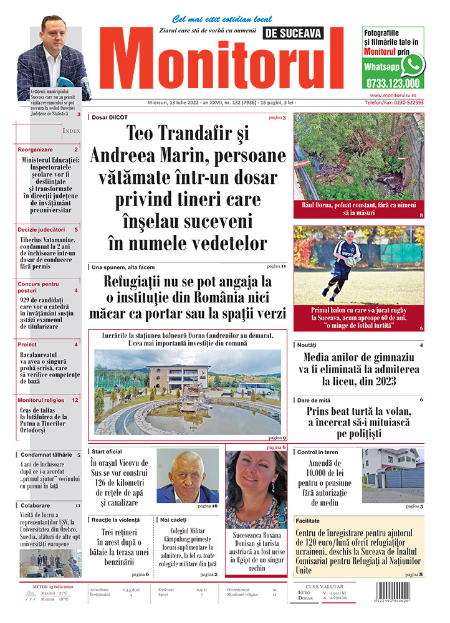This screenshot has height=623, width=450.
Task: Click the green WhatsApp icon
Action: tap(412, 64)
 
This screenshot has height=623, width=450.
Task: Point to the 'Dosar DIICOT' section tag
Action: tap(113, 117)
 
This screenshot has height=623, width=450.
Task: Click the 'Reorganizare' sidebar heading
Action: tap(36, 150)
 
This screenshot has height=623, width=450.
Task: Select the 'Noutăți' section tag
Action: tap(307, 345)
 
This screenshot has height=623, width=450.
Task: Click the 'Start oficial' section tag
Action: tap(107, 450)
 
